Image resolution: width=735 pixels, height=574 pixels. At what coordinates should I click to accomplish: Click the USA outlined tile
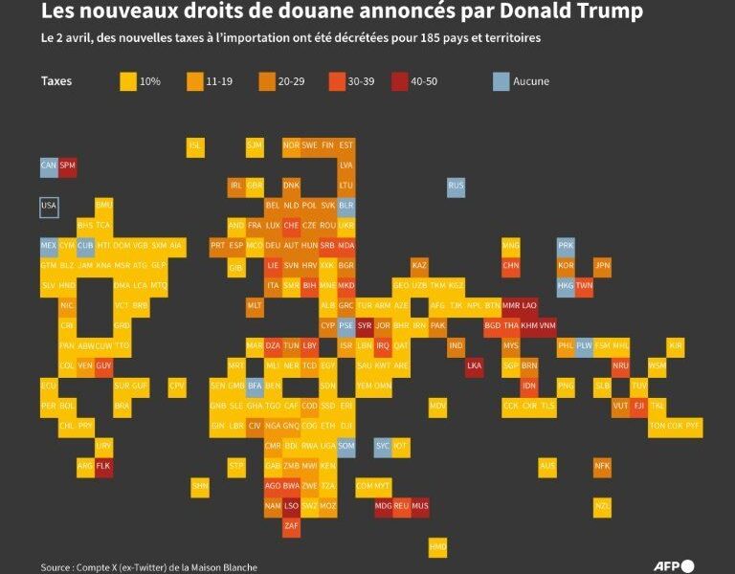tap(49, 207)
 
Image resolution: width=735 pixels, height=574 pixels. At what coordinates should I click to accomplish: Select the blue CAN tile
tap(49, 166)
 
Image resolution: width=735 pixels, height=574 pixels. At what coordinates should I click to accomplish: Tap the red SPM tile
tap(67, 166)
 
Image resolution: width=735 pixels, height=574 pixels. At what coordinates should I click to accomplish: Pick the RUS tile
tap(456, 187)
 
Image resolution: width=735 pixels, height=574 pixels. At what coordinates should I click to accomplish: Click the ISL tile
tap(196, 146)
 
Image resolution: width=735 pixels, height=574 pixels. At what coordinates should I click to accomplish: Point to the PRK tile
tap(566, 246)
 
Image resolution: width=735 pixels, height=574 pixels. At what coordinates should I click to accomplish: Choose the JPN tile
tap(602, 266)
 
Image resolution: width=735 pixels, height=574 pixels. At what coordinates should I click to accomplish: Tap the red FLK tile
tap(104, 466)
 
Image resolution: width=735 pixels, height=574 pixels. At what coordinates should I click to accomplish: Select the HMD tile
tap(437, 546)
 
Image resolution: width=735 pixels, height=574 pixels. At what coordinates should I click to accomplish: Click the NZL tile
tap(602, 506)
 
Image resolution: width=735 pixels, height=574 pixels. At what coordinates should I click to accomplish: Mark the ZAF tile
tap(292, 525)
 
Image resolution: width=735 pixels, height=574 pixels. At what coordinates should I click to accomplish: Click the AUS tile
tap(547, 466)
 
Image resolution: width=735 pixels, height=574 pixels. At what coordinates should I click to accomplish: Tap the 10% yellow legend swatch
tap(127, 81)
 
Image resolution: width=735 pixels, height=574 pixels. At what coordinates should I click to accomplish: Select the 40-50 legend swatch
tap(398, 81)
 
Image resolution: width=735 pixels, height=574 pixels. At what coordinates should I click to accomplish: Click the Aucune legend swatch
tap(501, 81)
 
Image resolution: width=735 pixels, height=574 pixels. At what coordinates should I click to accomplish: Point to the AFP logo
tap(674, 565)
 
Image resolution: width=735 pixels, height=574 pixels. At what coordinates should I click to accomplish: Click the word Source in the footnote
tap(56, 567)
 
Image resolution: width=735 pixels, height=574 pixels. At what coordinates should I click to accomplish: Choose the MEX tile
tap(49, 246)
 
